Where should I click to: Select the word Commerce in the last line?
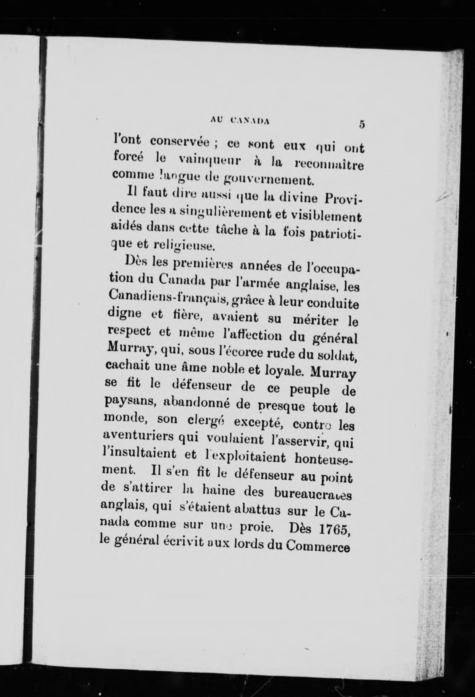(x=318, y=546)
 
